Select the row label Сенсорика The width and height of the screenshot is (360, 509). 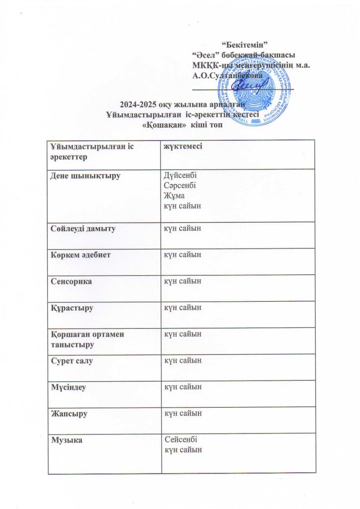coord(71,281)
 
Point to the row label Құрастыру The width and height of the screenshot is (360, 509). coord(72,308)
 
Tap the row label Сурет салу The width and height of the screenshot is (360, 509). coord(72,360)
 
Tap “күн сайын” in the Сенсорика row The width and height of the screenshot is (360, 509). coord(183,281)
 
